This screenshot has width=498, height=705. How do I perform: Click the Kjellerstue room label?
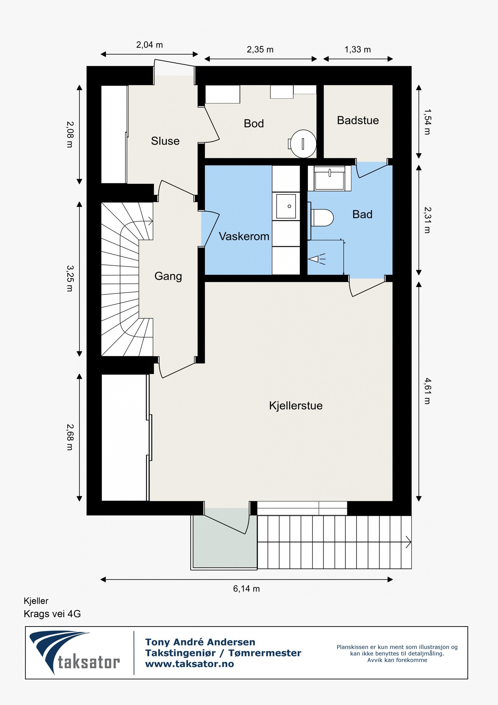296,405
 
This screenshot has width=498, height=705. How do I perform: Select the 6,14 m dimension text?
246,588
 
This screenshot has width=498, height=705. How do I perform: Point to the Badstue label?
358,120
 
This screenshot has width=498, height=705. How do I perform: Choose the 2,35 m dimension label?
260,50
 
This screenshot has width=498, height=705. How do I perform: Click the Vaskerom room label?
244,236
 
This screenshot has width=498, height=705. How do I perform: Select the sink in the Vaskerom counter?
286,206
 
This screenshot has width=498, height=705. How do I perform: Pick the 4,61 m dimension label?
427,391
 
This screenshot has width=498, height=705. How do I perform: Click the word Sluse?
165,141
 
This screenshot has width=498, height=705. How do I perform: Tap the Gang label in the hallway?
168,276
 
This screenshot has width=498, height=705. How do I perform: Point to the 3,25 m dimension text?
70,278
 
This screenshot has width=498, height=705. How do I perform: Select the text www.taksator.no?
189,664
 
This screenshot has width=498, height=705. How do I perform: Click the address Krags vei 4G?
52,614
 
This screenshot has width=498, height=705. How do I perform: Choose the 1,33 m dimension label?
357,50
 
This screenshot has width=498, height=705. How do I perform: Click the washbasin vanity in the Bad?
329,179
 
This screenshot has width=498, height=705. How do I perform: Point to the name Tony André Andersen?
200,642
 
